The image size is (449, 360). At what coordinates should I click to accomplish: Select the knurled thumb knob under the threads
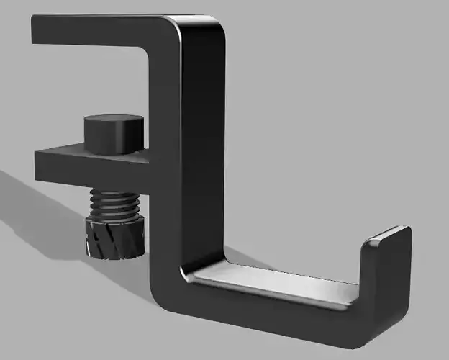click(x=114, y=238)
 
